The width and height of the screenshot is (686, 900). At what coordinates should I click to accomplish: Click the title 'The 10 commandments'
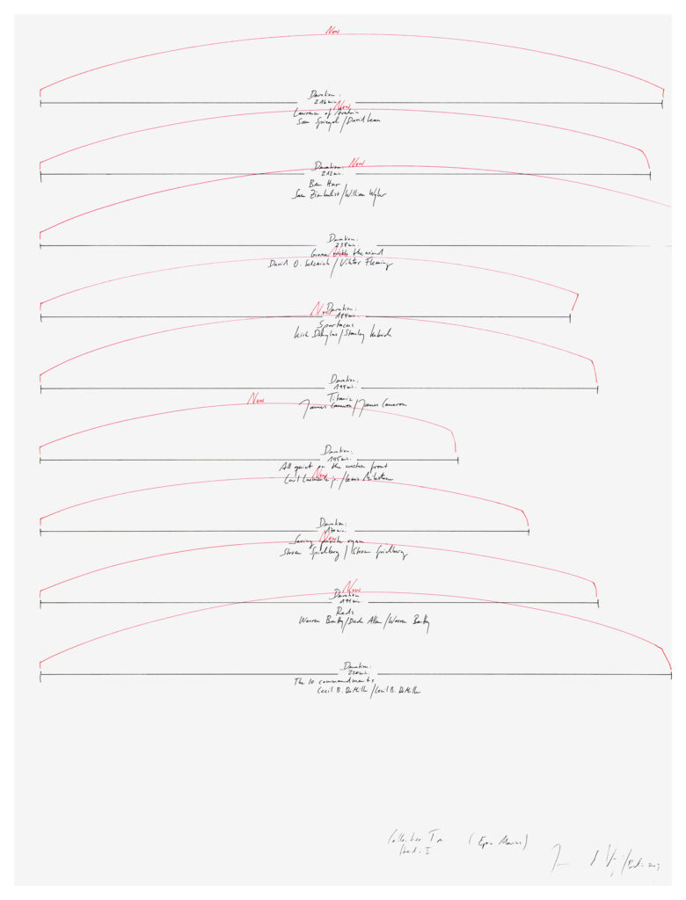click(x=334, y=681)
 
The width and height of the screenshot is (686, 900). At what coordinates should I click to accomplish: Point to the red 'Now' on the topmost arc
click(x=332, y=31)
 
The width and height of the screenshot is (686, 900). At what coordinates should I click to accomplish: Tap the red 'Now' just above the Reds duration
click(x=352, y=587)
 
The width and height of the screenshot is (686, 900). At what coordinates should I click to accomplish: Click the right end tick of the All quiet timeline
click(x=457, y=459)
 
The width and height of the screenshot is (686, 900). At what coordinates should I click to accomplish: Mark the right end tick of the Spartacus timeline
click(x=570, y=316)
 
